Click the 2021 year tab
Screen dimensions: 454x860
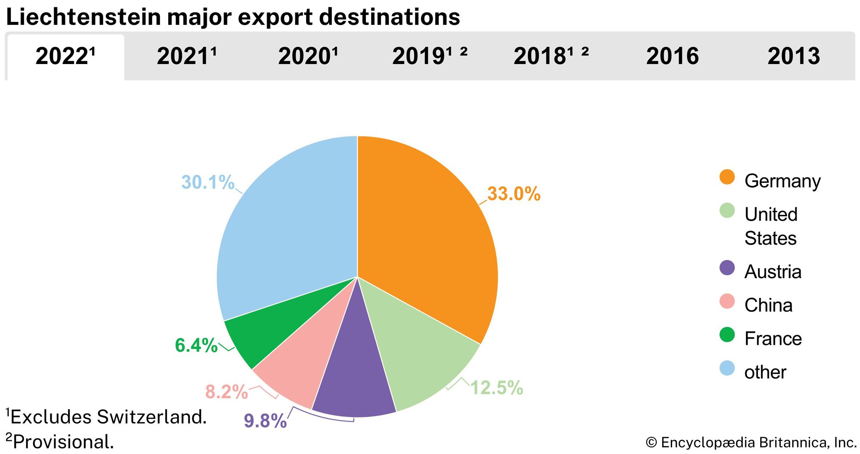187,56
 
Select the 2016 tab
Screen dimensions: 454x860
673,56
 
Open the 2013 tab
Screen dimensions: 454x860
794,56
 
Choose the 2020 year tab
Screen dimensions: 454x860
308,56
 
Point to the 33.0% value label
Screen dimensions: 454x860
513,194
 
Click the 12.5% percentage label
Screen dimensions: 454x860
497,388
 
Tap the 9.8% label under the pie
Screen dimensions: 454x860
265,421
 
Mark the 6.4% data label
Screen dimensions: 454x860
196,345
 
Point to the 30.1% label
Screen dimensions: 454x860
208,182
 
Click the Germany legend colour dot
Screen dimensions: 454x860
727,177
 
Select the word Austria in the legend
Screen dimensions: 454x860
773,272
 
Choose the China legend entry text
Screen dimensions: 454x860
768,305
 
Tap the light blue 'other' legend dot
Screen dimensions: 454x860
727,368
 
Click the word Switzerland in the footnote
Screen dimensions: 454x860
151,417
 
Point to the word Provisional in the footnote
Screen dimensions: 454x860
64,442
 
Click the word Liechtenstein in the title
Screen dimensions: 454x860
83,17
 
